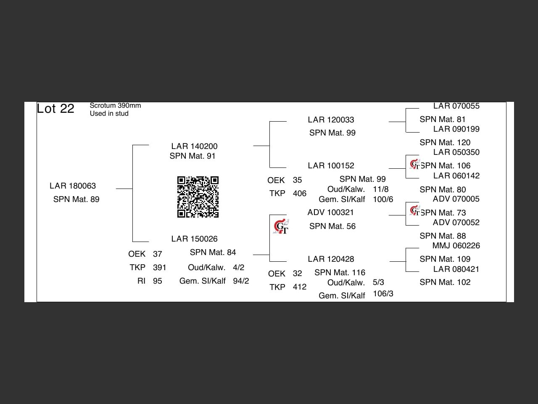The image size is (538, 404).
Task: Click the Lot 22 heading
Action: [x=55, y=109]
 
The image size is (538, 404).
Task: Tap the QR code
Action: [x=198, y=197]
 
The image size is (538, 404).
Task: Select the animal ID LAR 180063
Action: [x=73, y=186]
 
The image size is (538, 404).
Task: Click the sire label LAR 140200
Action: [x=194, y=146]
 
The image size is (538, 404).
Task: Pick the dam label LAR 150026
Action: [x=194, y=239]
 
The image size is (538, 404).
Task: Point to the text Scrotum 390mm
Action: [x=115, y=106]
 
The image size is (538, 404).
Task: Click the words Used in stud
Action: [x=109, y=114]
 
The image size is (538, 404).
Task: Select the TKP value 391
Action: [x=159, y=268]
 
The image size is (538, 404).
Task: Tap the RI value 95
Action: [x=157, y=281]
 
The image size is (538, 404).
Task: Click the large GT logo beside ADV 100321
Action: [x=281, y=227]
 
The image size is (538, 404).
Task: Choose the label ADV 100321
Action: [x=330, y=213]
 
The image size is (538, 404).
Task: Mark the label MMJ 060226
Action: [x=456, y=246]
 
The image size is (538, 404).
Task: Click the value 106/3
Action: [x=383, y=294]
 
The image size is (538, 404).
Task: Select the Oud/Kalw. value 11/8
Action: [x=380, y=189]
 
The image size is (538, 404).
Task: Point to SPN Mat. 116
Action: [x=340, y=273]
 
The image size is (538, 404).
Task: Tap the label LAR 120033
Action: [x=331, y=120]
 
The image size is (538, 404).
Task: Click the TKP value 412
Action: [x=299, y=287]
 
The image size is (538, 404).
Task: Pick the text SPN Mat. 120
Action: [x=445, y=143]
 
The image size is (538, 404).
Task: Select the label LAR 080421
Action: [x=456, y=269]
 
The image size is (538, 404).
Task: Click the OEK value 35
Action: [x=297, y=180]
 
